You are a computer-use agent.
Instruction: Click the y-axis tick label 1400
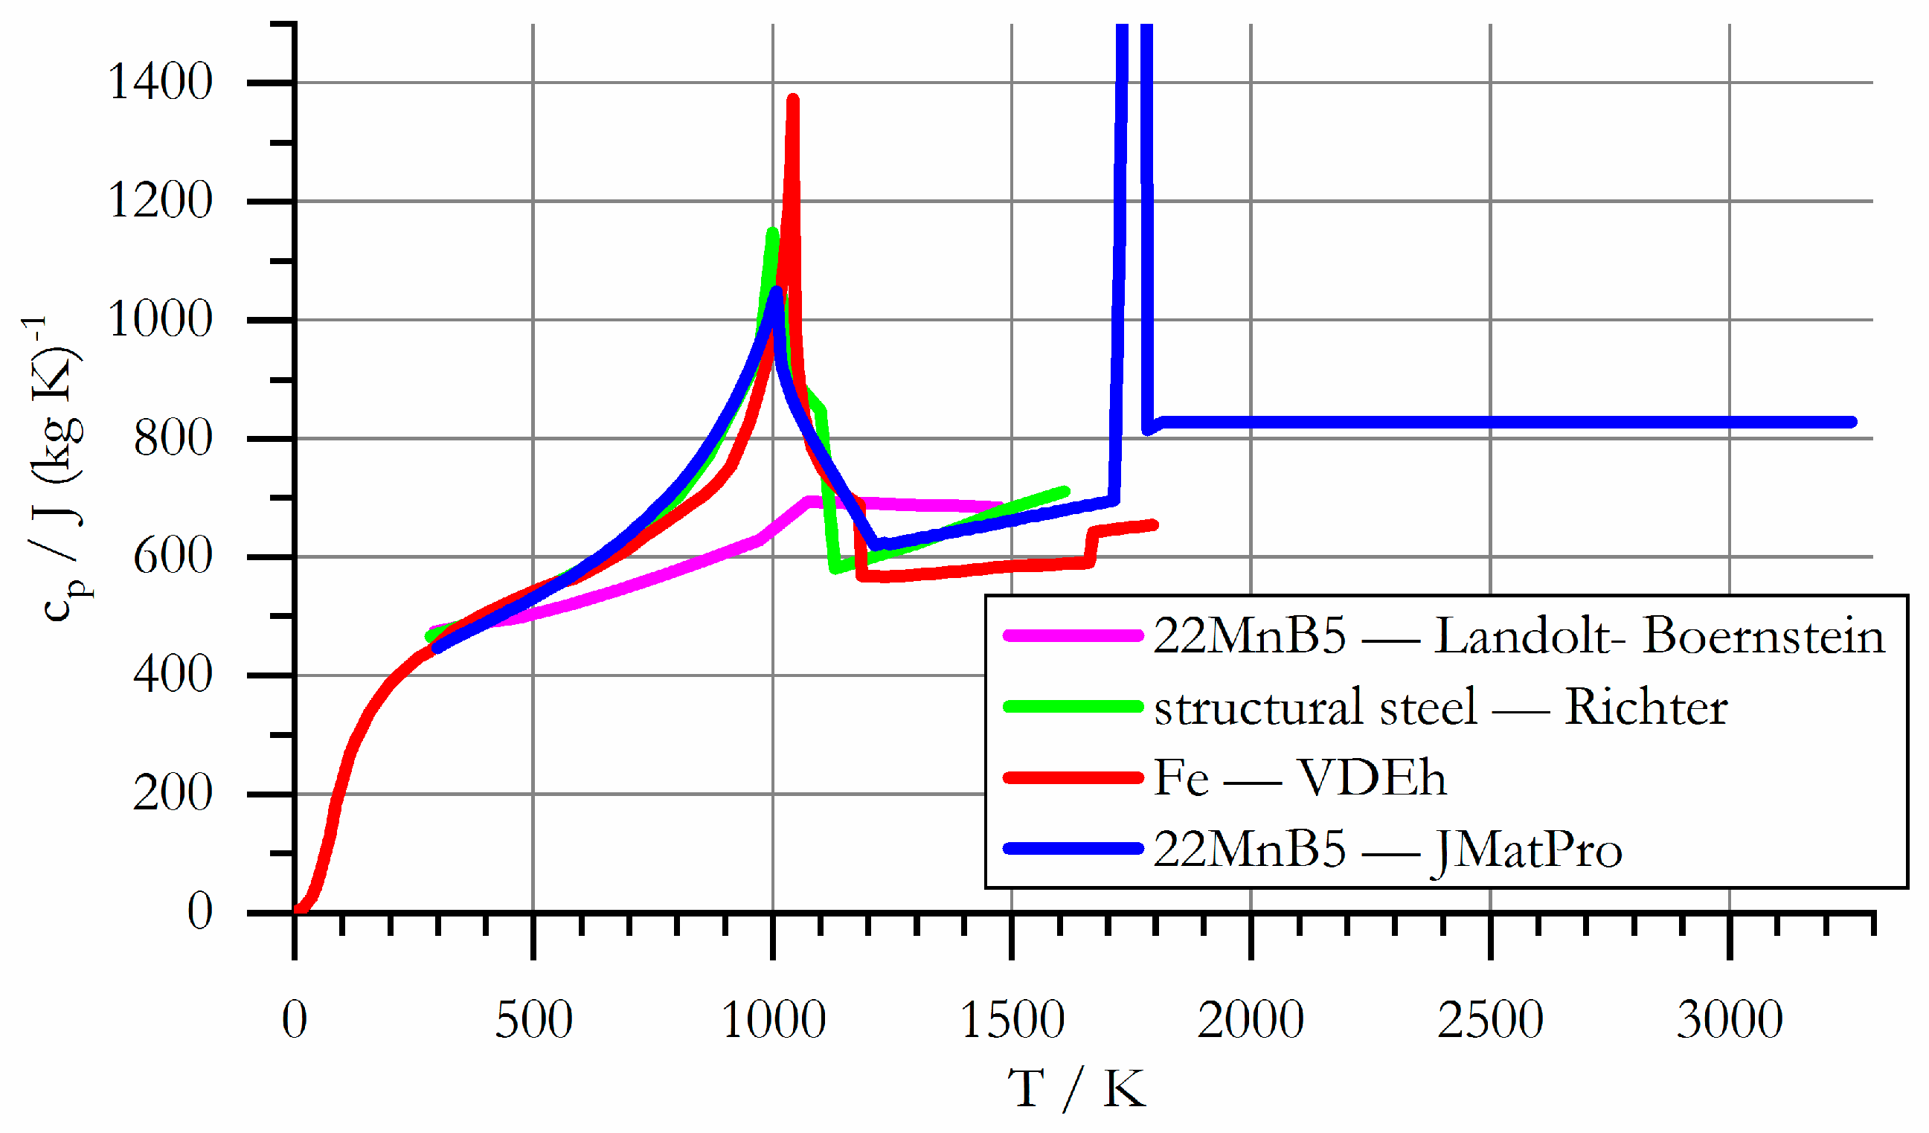point(160,82)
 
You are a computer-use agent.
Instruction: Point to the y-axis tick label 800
point(173,439)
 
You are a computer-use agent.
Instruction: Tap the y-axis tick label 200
point(173,793)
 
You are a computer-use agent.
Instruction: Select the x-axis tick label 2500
point(1489,1021)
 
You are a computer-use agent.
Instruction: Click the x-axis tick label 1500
point(1011,1021)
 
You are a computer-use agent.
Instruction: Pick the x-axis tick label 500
point(533,1021)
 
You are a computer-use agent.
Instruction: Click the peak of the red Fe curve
point(792,100)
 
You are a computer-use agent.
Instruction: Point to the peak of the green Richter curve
point(771,232)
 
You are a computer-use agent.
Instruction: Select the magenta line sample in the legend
point(1072,635)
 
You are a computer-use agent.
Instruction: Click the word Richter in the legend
point(1646,707)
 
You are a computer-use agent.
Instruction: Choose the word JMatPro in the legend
point(1527,850)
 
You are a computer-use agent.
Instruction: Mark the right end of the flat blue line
point(1852,422)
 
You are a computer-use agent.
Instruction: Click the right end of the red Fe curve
point(1154,524)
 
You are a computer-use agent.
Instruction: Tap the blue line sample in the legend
point(1072,848)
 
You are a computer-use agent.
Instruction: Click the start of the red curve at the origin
point(298,911)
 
